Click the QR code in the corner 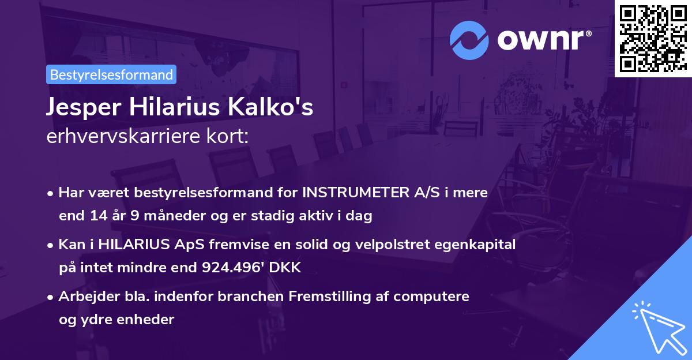click(x=653, y=38)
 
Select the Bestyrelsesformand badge click(x=111, y=74)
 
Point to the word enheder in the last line click(x=147, y=319)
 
